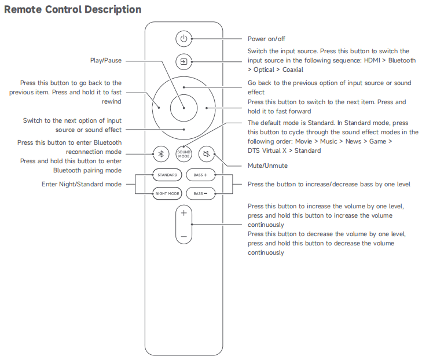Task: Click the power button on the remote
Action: (184, 39)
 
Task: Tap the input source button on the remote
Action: (184, 60)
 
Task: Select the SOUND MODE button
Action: (184, 154)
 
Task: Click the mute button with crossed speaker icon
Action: (207, 154)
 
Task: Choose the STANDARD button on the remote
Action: (167, 174)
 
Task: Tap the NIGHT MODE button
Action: (167, 193)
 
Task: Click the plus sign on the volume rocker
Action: (184, 213)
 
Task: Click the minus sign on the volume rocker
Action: (184, 237)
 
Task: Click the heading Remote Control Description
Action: (72, 9)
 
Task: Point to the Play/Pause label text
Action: (106, 60)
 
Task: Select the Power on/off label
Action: (266, 39)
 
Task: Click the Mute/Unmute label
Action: (267, 166)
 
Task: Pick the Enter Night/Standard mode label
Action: (82, 184)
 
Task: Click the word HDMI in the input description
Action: (374, 60)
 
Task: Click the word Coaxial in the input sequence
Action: (293, 69)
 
